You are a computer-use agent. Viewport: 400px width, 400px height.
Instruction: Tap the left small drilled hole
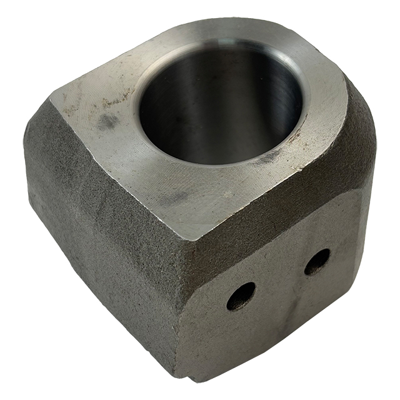click(241, 296)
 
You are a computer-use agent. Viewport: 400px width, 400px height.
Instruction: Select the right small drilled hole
click(317, 261)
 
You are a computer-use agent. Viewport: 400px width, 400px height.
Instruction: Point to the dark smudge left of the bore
click(107, 121)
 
